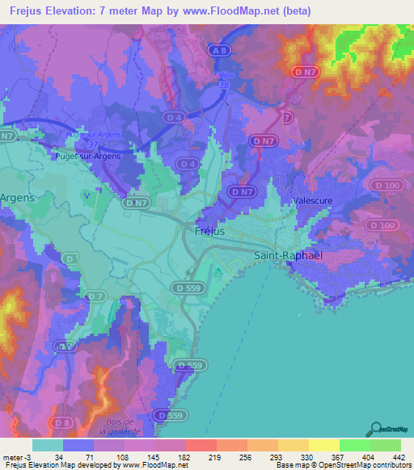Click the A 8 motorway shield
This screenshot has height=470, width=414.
click(218, 51)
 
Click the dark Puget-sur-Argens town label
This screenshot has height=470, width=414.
click(87, 157)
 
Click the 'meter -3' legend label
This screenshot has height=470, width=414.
click(15, 457)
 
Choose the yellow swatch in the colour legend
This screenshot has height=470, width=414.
click(324, 445)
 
